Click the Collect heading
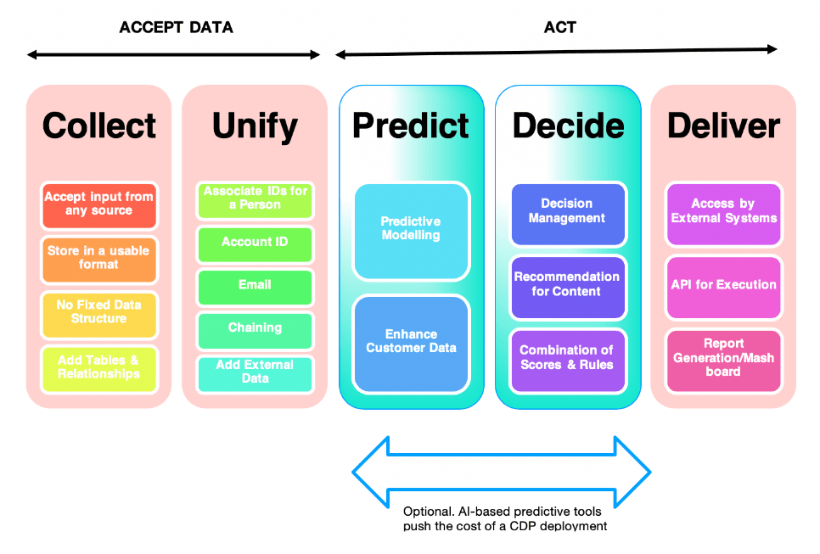coord(99,126)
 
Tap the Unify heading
coord(255,126)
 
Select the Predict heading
coord(411,126)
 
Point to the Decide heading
coord(568,126)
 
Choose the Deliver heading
coord(723,126)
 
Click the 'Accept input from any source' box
coord(99,204)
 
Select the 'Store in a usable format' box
coord(99,258)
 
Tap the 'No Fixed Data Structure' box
coord(99,312)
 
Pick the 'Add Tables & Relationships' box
coord(99,367)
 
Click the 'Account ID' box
coord(255,243)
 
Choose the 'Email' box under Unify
coord(255,286)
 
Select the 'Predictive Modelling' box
coord(411,230)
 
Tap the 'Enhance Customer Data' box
coord(411,342)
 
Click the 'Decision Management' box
coord(568,211)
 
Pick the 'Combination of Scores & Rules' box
coord(568,358)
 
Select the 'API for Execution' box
coord(723,286)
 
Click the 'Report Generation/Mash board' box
coord(723,358)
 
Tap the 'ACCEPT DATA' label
coord(176,27)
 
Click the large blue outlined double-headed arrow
coord(502,472)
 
